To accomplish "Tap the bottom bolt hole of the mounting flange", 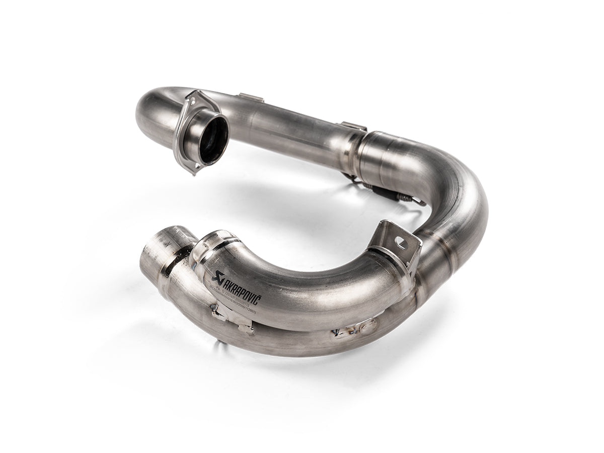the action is (193, 166).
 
